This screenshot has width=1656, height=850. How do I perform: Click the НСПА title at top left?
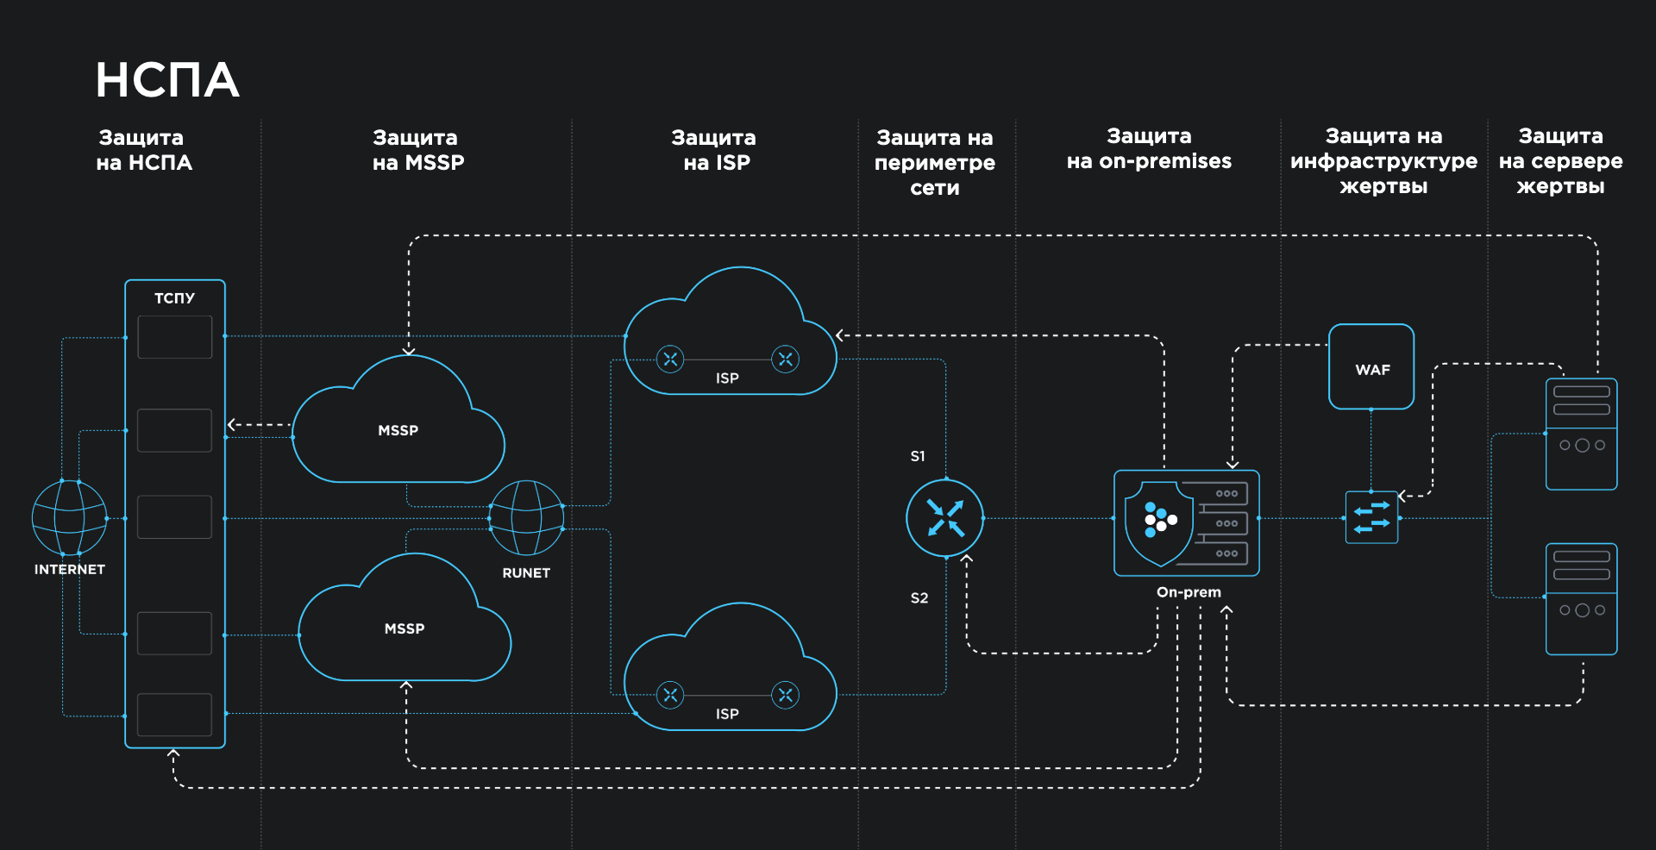pyautogui.click(x=167, y=80)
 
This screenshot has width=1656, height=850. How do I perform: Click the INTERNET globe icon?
pyautogui.click(x=69, y=517)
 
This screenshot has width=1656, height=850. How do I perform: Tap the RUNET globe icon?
pyautogui.click(x=526, y=518)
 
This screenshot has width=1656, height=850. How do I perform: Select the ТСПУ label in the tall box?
pyautogui.click(x=174, y=298)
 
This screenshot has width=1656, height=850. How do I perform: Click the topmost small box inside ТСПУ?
pyautogui.click(x=175, y=337)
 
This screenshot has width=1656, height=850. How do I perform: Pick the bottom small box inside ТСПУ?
pyautogui.click(x=175, y=715)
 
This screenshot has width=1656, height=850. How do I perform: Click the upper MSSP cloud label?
pyautogui.click(x=398, y=430)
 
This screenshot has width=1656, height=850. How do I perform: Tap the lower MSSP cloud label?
pyautogui.click(x=404, y=628)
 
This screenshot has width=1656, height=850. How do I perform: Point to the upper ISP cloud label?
pyautogui.click(x=727, y=378)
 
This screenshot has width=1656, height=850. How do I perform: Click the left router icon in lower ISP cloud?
pyautogui.click(x=670, y=695)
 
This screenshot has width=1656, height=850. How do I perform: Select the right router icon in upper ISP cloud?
pyautogui.click(x=785, y=359)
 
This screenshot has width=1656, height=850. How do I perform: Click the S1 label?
pyautogui.click(x=918, y=456)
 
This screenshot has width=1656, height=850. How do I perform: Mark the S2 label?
pyautogui.click(x=919, y=597)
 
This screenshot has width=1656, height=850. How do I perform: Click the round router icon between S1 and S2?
pyautogui.click(x=945, y=518)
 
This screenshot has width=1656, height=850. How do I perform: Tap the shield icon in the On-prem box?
pyautogui.click(x=1159, y=522)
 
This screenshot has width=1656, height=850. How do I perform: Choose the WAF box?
pyautogui.click(x=1371, y=367)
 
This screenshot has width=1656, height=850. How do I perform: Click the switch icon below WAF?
pyautogui.click(x=1371, y=517)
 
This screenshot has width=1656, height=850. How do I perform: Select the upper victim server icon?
pyautogui.click(x=1581, y=434)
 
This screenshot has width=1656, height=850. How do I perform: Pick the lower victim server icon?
pyautogui.click(x=1581, y=599)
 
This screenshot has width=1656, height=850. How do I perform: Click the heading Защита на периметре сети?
pyautogui.click(x=935, y=162)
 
